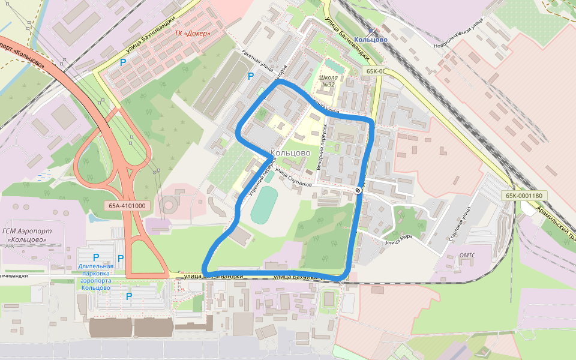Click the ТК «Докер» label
point(192,34)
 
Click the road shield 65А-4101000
point(127,205)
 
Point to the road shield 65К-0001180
point(523,196)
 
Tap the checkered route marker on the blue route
point(358,190)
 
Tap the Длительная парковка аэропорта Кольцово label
point(95,277)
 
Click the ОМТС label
point(467,254)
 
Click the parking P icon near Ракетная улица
point(251,76)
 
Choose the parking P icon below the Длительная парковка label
point(129,296)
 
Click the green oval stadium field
point(264,205)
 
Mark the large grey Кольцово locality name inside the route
point(290,153)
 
